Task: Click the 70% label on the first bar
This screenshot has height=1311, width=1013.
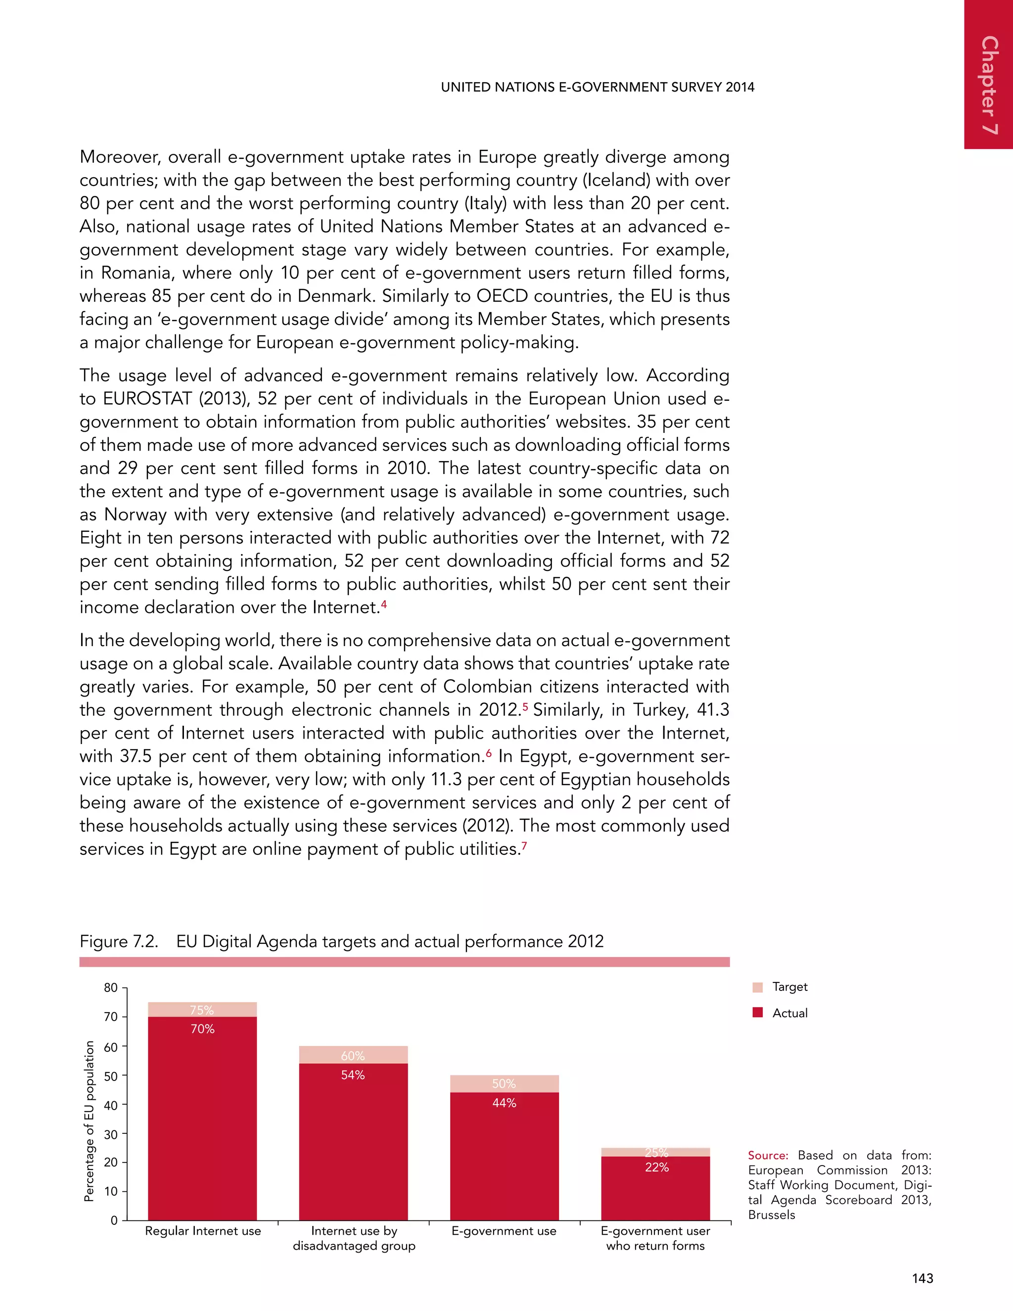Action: (202, 1029)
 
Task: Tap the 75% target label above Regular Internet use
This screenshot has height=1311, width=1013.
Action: (202, 1010)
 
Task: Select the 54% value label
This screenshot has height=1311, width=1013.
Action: (353, 1075)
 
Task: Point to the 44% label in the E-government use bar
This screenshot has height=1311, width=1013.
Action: (504, 1103)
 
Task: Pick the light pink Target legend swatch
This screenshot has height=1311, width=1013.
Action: (757, 987)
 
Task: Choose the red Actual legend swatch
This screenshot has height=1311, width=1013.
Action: (757, 1013)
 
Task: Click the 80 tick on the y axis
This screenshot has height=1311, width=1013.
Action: (111, 988)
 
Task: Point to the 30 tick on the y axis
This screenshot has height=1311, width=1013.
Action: (111, 1134)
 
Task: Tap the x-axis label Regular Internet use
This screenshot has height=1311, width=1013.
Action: (203, 1231)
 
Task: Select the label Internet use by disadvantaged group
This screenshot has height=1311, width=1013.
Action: (354, 1238)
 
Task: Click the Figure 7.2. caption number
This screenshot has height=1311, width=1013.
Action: (119, 941)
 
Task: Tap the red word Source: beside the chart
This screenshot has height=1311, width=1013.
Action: (768, 1156)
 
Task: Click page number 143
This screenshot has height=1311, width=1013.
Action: (922, 1278)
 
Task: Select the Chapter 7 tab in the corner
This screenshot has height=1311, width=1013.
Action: (989, 84)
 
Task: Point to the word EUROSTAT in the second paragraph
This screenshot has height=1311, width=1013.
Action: (147, 399)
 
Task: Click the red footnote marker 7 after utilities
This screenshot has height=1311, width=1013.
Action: (524, 846)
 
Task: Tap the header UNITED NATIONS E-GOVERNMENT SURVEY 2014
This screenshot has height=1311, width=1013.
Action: (597, 87)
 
